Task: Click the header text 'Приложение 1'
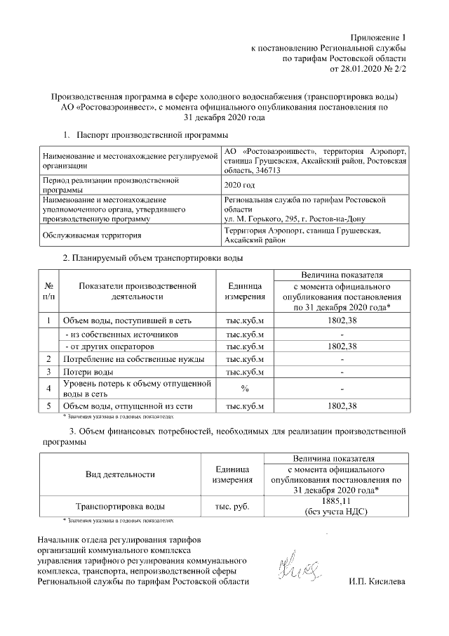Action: [378, 37]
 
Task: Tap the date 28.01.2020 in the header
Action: [361, 70]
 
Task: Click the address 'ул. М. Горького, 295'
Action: [263, 219]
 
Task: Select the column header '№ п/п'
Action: [49, 292]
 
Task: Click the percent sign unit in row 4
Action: [245, 389]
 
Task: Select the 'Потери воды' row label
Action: [88, 372]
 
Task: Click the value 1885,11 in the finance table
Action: [341, 500]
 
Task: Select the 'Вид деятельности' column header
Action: [120, 474]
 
